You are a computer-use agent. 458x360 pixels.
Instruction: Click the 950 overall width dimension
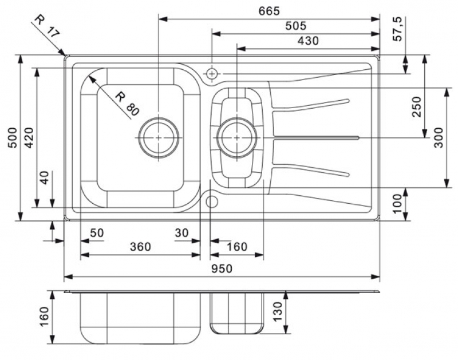pyautogui.click(x=225, y=269)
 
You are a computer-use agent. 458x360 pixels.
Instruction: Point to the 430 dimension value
pyautogui.click(x=307, y=41)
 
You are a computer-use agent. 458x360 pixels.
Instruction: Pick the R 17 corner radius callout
pyautogui.click(x=46, y=26)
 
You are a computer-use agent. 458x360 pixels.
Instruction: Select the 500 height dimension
pyautogui.click(x=11, y=137)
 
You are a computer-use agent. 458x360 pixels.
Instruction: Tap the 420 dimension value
pyautogui.click(x=28, y=137)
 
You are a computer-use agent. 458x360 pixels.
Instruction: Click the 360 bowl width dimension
pyautogui.click(x=140, y=247)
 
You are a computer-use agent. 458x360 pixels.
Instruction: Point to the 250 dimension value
pyautogui.click(x=416, y=107)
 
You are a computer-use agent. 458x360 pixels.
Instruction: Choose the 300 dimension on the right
pyautogui.click(x=439, y=137)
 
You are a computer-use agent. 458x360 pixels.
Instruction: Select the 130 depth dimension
pyautogui.click(x=277, y=311)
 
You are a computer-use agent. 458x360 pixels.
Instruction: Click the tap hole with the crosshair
pyautogui.click(x=212, y=74)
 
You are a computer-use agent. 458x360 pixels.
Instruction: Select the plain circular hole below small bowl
pyautogui.click(x=212, y=201)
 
